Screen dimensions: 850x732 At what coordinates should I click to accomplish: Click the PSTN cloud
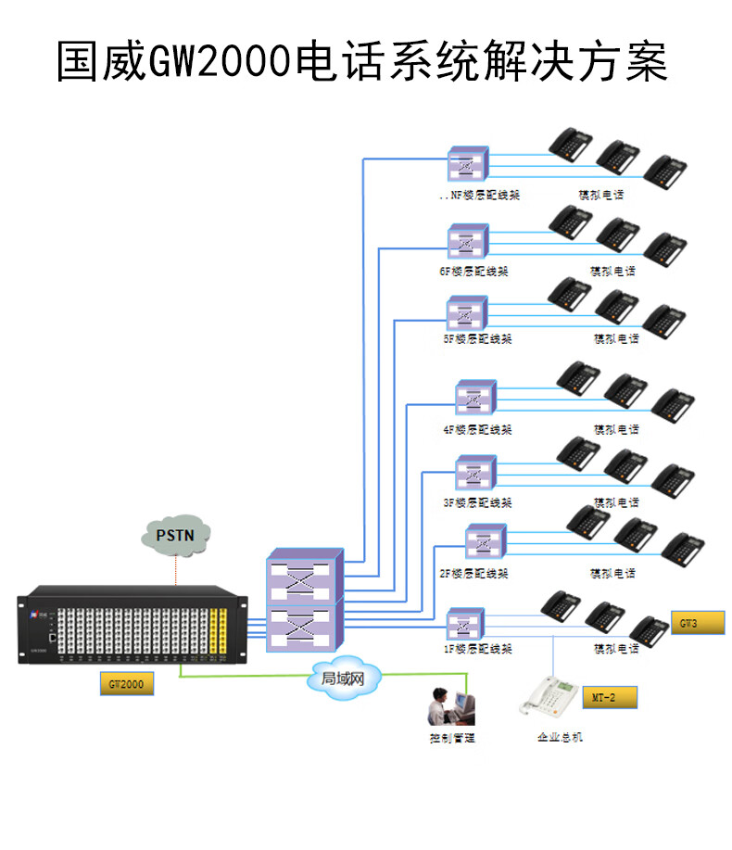(176, 536)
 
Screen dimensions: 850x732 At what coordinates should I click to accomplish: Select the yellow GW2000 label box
(126, 685)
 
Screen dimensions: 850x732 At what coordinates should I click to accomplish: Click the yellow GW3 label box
(698, 623)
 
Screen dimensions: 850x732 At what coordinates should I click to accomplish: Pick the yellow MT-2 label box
(610, 696)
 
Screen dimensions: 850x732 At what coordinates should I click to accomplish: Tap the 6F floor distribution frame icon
(466, 242)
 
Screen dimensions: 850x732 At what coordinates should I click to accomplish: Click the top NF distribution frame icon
(466, 165)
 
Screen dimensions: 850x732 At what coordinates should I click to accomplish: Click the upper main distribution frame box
(304, 578)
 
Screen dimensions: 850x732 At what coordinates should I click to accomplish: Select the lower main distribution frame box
(304, 625)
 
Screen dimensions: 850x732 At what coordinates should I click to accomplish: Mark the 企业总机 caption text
(561, 738)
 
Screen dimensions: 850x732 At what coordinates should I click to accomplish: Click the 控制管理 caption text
(451, 739)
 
